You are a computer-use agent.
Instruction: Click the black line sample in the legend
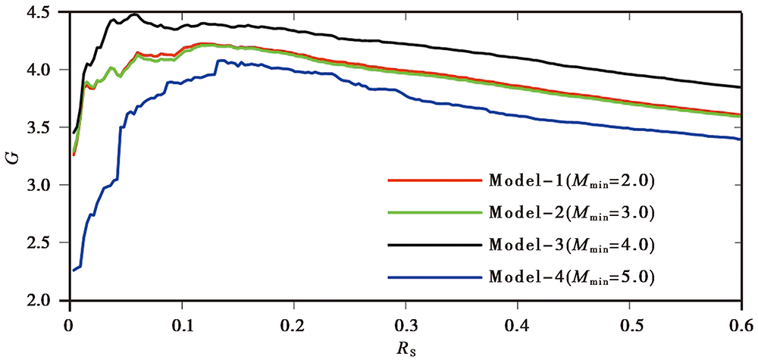click(434, 246)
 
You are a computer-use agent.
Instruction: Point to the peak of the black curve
click(135, 14)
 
